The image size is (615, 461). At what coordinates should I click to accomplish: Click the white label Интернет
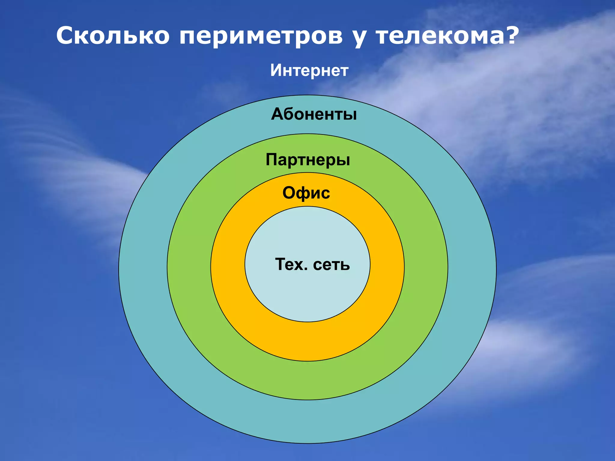click(x=309, y=71)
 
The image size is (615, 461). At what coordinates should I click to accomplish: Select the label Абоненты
click(x=314, y=114)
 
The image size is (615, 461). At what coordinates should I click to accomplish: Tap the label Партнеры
click(x=308, y=160)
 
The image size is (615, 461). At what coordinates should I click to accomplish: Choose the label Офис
click(x=306, y=193)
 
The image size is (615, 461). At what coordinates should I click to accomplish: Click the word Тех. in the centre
click(x=291, y=264)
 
